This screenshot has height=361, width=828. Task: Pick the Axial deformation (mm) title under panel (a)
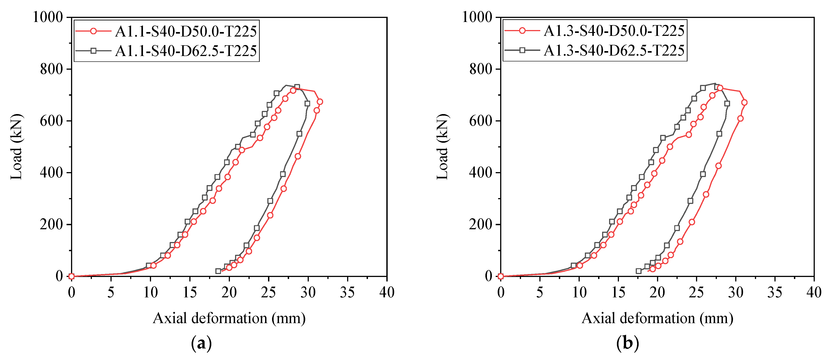coord(229,318)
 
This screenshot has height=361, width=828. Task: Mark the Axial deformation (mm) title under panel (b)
coord(657,318)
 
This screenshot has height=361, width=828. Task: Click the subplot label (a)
coord(201,343)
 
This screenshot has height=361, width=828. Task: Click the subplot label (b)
coord(627,343)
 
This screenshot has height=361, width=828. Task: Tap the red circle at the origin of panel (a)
coord(71,276)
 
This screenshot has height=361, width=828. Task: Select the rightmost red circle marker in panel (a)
coord(320,102)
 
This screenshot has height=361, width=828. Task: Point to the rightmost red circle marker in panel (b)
coord(744,102)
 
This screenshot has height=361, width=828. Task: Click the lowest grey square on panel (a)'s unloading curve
coord(218,271)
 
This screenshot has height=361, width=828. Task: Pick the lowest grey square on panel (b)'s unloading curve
coord(639,271)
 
